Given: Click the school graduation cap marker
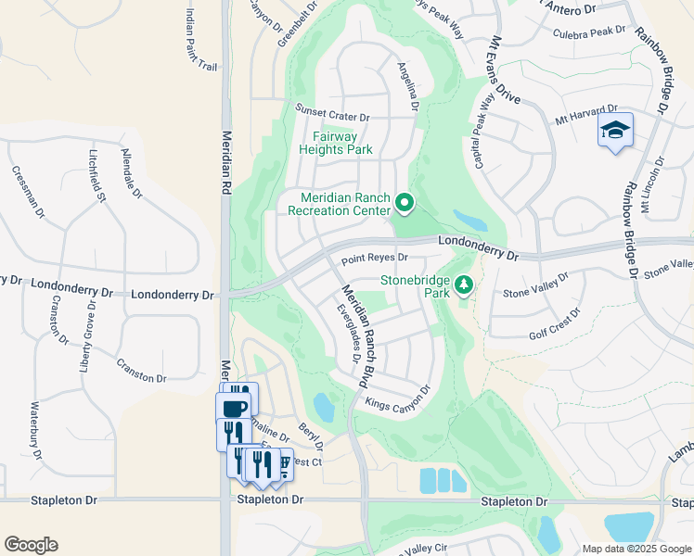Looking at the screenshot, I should pyautogui.click(x=614, y=131).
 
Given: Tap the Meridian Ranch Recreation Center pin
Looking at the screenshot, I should pyautogui.click(x=404, y=201).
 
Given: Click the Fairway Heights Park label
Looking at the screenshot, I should pyautogui.click(x=336, y=143).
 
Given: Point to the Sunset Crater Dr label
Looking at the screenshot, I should pyautogui.click(x=332, y=118).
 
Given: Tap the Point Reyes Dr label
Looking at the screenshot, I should pyautogui.click(x=375, y=259).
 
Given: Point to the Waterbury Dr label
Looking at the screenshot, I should pyautogui.click(x=37, y=431).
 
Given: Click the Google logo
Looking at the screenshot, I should pyautogui.click(x=31, y=545).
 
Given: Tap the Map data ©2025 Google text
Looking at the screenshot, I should pyautogui.click(x=636, y=549).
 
